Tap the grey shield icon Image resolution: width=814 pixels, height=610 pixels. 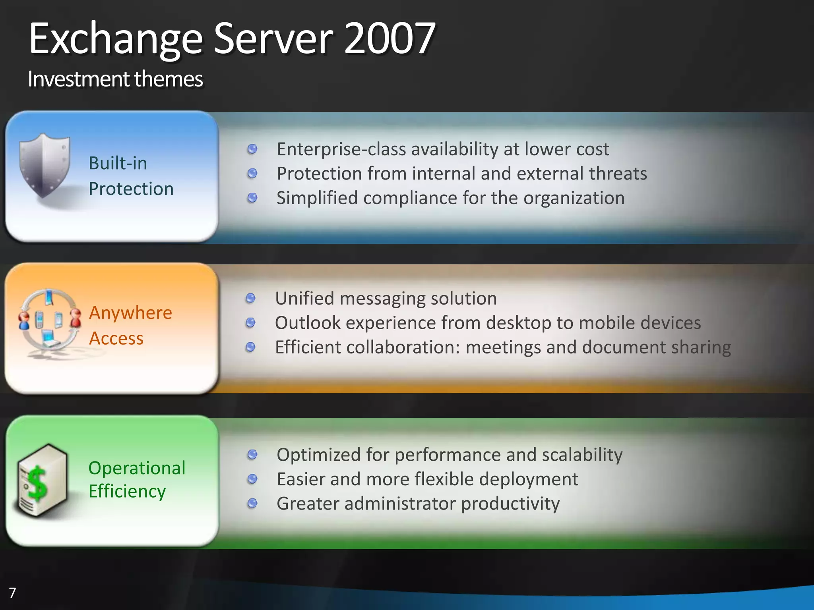click(45, 165)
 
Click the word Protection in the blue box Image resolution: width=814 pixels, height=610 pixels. click(131, 189)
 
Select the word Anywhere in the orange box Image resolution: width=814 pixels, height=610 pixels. click(130, 313)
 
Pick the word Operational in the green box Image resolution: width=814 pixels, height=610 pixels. click(137, 468)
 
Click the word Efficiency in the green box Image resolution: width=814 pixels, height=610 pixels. click(127, 491)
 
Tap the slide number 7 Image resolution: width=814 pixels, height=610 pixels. click(12, 593)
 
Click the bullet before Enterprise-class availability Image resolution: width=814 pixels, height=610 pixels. click(252, 149)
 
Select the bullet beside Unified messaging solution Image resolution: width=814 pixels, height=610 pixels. click(250, 298)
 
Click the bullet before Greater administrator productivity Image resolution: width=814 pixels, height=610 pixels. click(252, 504)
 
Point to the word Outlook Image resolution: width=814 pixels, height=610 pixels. click(308, 322)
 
